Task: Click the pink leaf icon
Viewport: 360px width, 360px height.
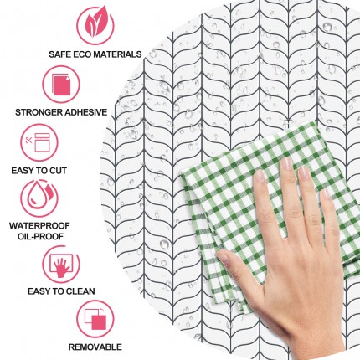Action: click(95, 25)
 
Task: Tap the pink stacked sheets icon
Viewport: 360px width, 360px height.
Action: click(61, 84)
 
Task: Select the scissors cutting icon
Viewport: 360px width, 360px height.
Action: click(39, 142)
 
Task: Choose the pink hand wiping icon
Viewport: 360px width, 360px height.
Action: click(61, 264)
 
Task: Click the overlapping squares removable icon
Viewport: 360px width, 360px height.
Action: click(95, 319)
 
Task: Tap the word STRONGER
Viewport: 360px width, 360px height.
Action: click(39, 112)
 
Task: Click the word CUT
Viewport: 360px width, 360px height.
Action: click(58, 171)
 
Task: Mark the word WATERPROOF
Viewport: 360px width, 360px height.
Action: click(39, 225)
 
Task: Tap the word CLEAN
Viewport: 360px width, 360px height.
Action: click(80, 291)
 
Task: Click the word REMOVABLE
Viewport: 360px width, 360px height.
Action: click(95, 347)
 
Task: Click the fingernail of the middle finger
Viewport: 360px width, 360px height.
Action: click(286, 163)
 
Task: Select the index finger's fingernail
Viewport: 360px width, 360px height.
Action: click(260, 176)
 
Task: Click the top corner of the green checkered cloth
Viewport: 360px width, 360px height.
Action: click(309, 122)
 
